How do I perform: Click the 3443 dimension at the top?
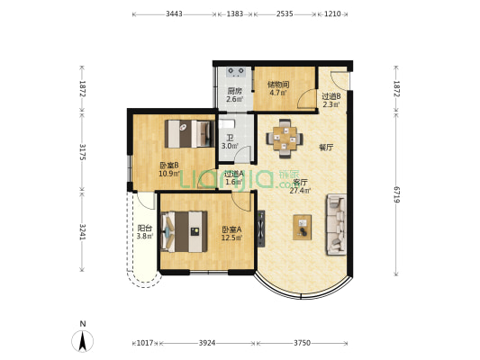pos(174,14)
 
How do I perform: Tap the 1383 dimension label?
pos(235,14)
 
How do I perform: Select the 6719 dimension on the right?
pos(396,194)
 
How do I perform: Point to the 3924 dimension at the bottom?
pos(207,343)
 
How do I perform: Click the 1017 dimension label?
pos(145,343)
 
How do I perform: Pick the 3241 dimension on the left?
pos(82,232)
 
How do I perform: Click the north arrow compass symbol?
pos(82,340)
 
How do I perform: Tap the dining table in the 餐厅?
pos(285,139)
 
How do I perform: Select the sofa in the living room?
pos(336,224)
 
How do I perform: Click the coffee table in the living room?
pos(303,228)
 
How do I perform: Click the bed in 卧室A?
pos(184,231)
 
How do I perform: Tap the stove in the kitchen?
pos(236,72)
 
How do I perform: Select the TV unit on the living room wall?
pos(261,229)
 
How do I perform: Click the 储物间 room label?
pos(278,85)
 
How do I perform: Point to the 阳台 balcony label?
pos(145,229)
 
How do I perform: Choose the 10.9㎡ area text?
pos(169,174)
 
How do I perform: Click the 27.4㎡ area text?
pos(300,191)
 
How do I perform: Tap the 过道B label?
pos(331,96)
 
